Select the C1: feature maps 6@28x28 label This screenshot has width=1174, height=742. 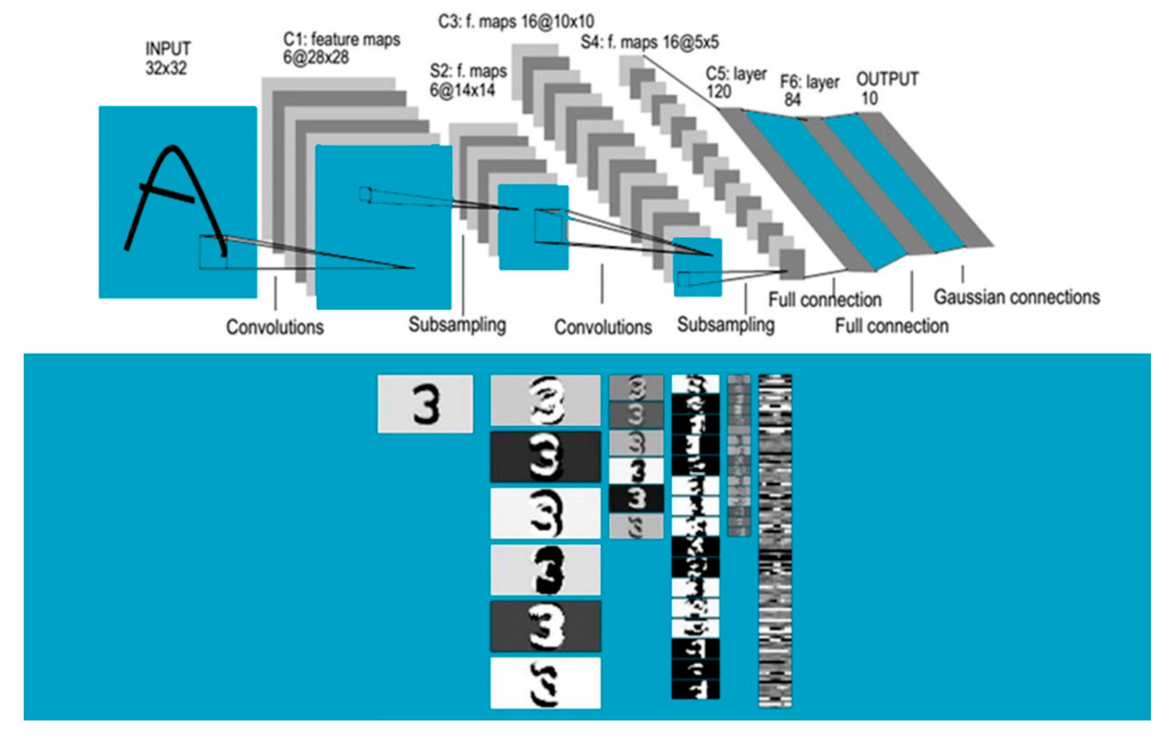[x=341, y=48]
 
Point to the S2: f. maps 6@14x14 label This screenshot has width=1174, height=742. [x=468, y=80]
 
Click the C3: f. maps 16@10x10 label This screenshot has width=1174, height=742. [x=516, y=22]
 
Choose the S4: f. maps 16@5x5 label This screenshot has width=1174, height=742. [x=650, y=43]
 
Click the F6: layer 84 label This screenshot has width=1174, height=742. [x=809, y=90]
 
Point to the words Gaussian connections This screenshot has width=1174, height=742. [x=1017, y=297]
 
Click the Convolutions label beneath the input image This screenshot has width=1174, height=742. [x=274, y=327]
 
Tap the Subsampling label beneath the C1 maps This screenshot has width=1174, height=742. [x=457, y=324]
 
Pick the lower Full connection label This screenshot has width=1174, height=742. [x=892, y=325]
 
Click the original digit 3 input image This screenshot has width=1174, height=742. [x=425, y=403]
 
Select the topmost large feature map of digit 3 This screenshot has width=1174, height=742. [x=545, y=400]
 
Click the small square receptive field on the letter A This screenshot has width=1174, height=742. [x=213, y=252]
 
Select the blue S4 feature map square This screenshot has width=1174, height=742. [x=697, y=267]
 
